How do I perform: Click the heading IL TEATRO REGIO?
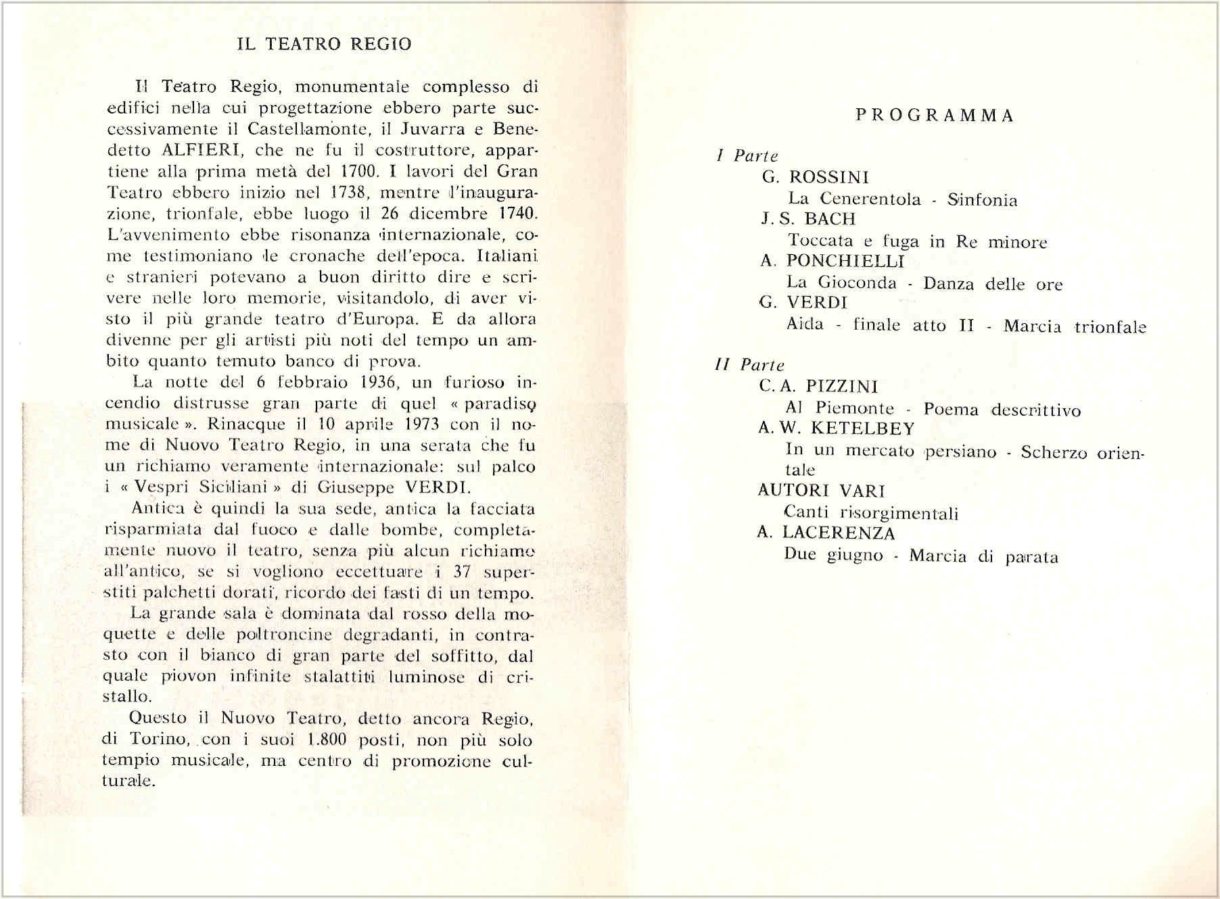324,45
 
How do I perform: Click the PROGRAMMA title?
935,116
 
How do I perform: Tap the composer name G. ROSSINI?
815,177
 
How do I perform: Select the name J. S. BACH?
808,219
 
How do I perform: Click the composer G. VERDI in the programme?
803,303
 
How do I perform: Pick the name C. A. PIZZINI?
818,387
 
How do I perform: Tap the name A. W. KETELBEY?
837,429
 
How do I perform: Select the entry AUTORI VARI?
821,491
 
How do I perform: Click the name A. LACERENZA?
826,533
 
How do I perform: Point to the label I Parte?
747,156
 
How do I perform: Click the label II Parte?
749,366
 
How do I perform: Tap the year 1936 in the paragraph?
372,382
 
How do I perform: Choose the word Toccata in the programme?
820,241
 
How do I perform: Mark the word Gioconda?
857,283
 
